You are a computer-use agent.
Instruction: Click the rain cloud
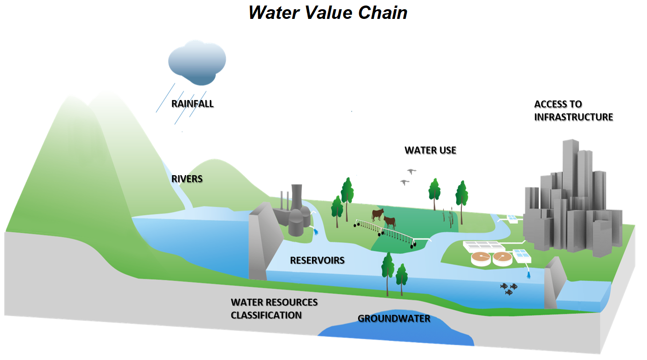coord(197,62)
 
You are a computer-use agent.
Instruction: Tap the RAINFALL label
coord(192,104)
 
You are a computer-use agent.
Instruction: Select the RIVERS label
coord(187,178)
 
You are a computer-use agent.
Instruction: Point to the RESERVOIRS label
coord(317,260)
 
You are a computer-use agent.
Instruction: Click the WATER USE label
coord(430,150)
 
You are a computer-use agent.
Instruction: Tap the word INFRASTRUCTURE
coord(573,117)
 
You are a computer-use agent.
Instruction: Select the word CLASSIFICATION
coord(266,315)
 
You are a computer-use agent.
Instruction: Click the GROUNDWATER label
coord(394,319)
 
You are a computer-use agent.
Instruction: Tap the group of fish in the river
coord(509,289)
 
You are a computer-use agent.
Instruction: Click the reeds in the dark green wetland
coord(446,216)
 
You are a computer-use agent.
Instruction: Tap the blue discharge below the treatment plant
coord(529,276)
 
